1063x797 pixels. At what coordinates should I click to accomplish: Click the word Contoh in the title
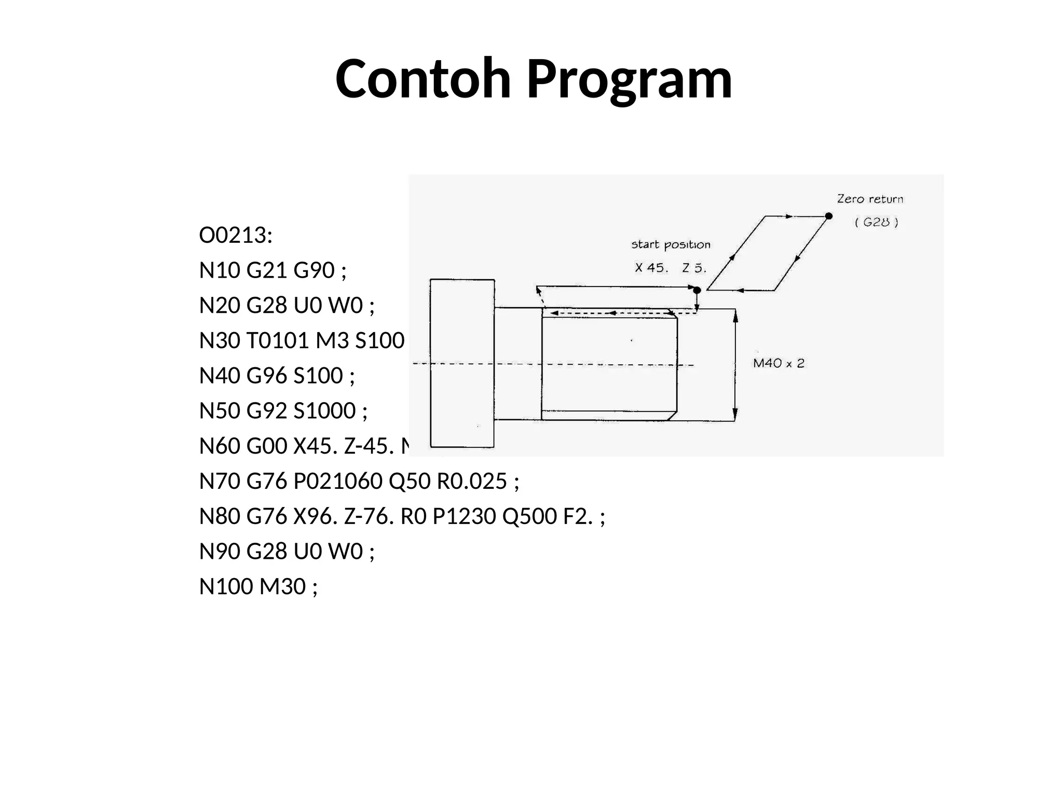tap(423, 79)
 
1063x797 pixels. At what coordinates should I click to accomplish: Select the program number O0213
tap(236, 236)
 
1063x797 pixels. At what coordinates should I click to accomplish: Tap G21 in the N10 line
tap(267, 270)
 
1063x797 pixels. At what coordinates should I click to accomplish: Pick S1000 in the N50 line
tap(324, 410)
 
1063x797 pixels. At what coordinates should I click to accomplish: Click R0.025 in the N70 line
tap(471, 481)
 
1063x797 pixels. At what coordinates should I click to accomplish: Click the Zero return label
tap(870, 199)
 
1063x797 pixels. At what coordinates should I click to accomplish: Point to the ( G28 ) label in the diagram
tap(876, 222)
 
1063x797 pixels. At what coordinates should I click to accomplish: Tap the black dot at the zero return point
tap(828, 216)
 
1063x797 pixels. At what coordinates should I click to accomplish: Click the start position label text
tap(671, 245)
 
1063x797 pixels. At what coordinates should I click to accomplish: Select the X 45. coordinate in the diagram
tap(651, 268)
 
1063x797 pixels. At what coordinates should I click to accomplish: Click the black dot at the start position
tap(697, 290)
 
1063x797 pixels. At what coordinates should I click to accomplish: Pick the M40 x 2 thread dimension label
tap(779, 363)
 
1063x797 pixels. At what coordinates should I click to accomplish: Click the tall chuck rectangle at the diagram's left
tap(462, 363)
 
